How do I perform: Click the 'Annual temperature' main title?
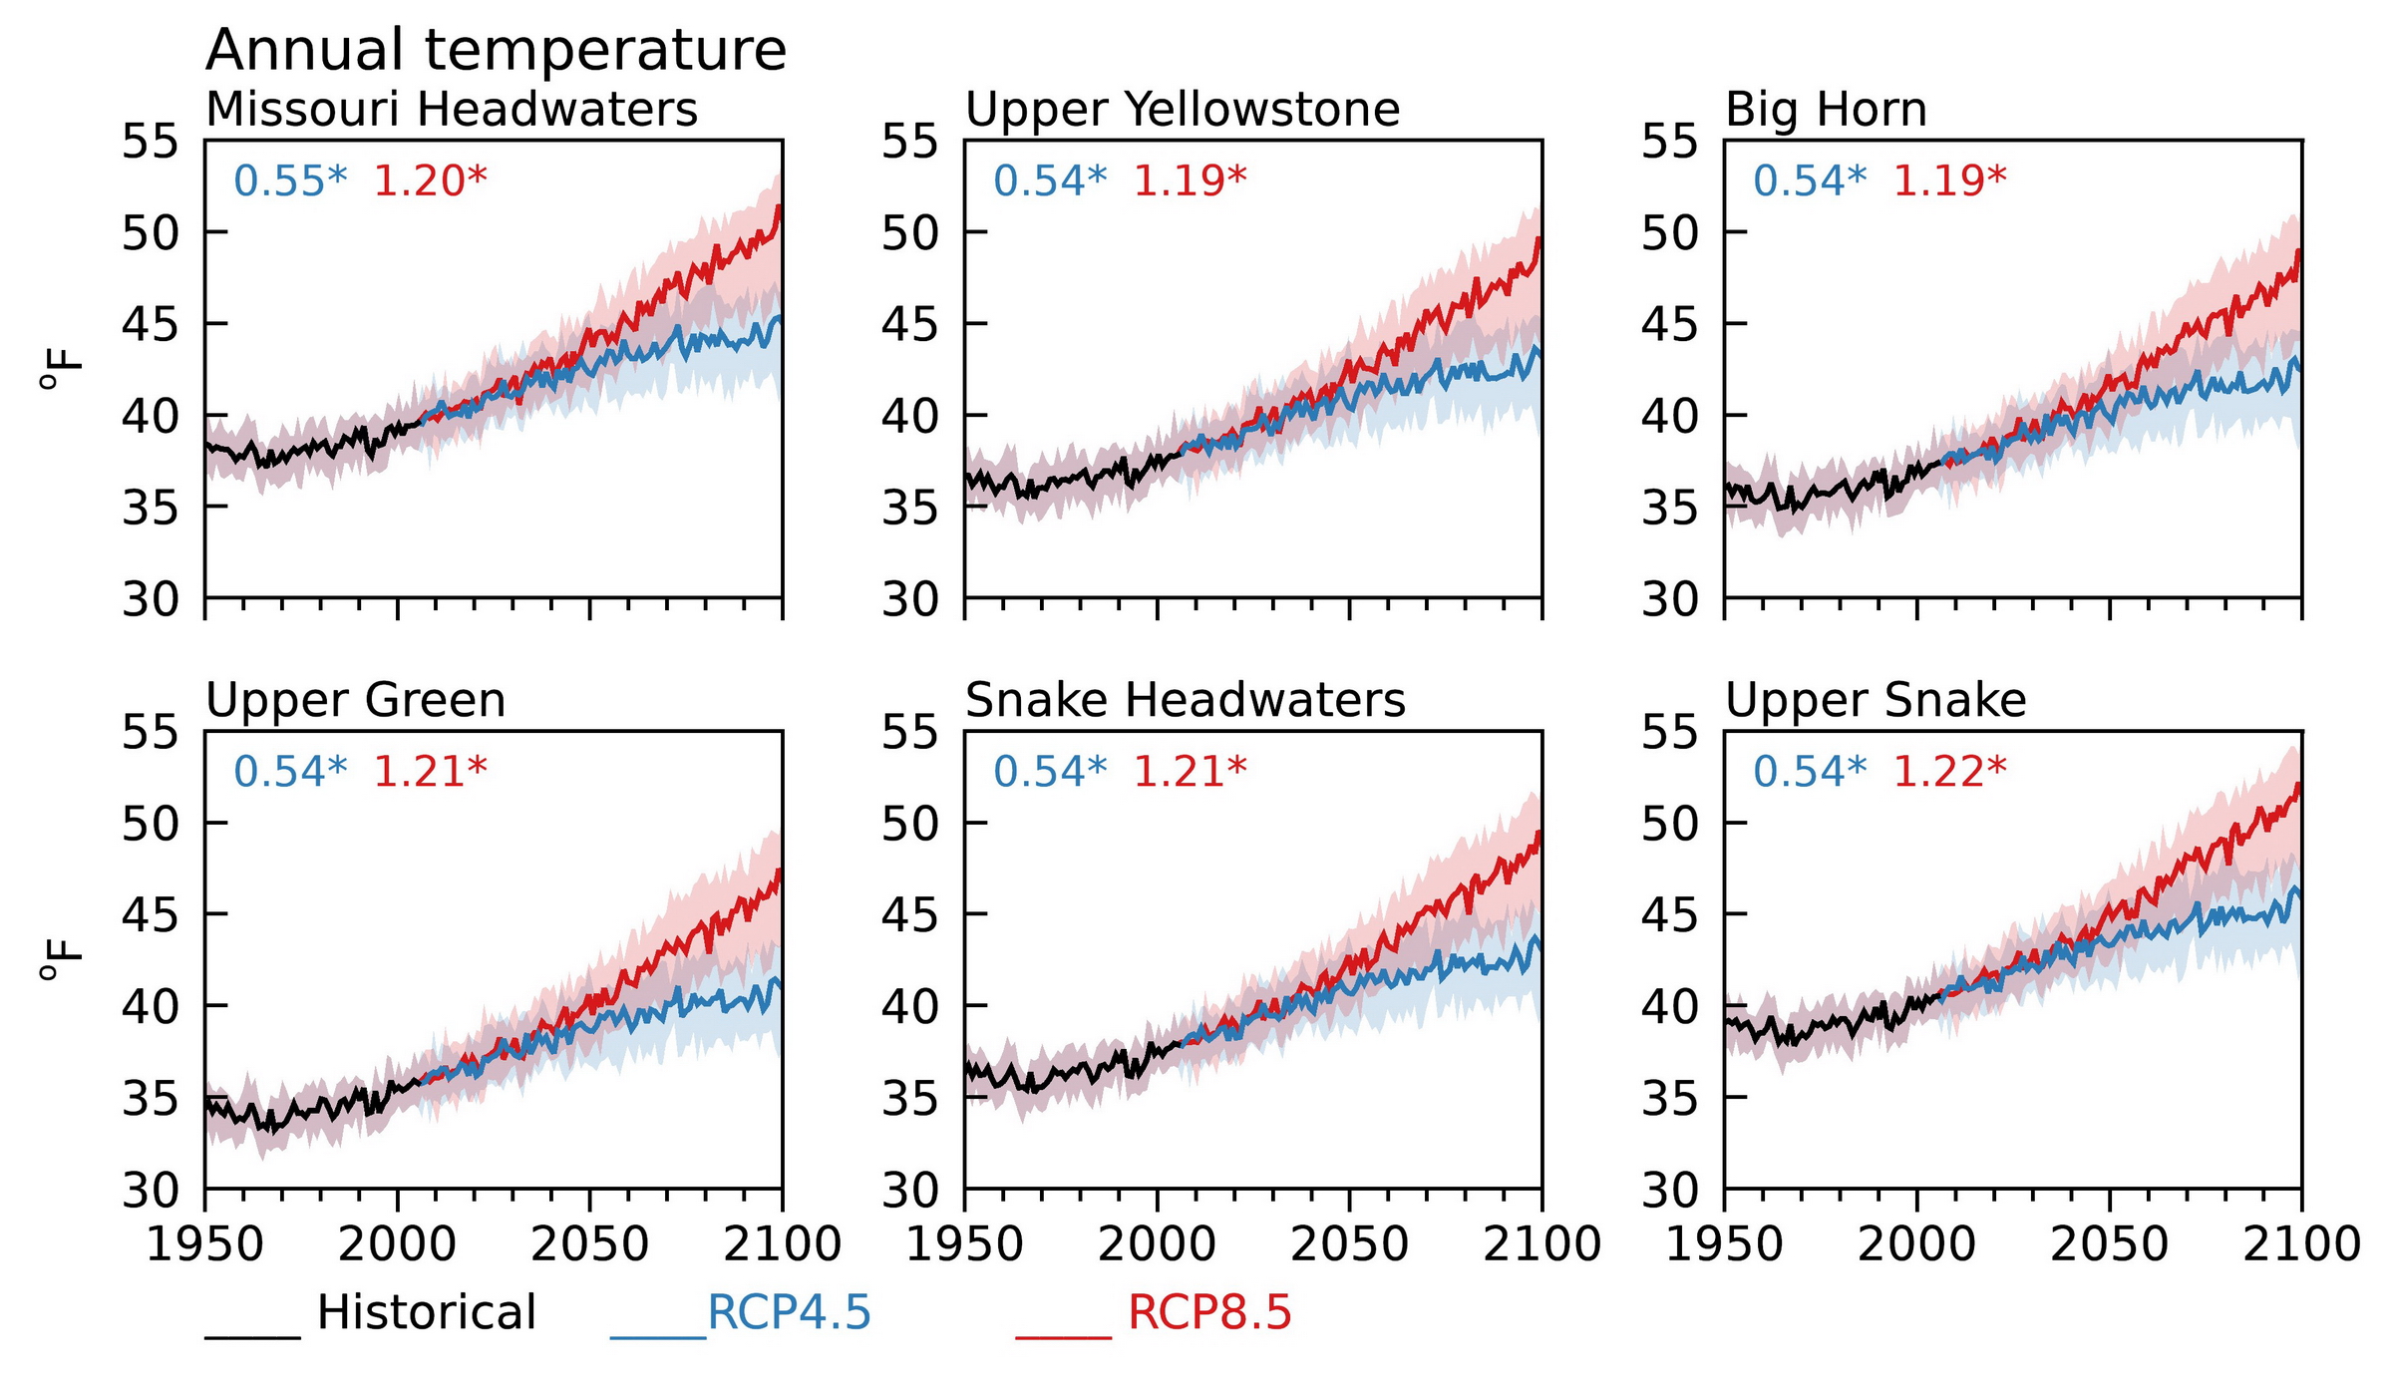pyautogui.click(x=496, y=50)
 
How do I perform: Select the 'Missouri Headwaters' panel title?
pyautogui.click(x=451, y=109)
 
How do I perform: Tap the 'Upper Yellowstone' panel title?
pyautogui.click(x=1183, y=109)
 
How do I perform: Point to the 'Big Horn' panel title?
pyautogui.click(x=1826, y=109)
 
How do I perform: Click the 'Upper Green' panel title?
pyautogui.click(x=355, y=700)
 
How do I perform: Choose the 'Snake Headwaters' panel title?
pyautogui.click(x=1185, y=700)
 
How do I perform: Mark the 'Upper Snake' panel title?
pyautogui.click(x=1876, y=700)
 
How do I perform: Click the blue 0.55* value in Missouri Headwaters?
pyautogui.click(x=290, y=181)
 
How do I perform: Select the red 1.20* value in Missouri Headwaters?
pyautogui.click(x=430, y=181)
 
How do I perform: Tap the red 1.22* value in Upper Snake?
pyautogui.click(x=1949, y=772)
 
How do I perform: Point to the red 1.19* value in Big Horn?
pyautogui.click(x=1949, y=181)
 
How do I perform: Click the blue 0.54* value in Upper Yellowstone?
pyautogui.click(x=1050, y=181)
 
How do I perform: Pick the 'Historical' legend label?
pyautogui.click(x=426, y=1312)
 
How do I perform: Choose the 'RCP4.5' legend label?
pyautogui.click(x=789, y=1312)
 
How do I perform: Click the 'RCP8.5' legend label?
pyautogui.click(x=1209, y=1312)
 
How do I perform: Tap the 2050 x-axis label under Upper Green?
pyautogui.click(x=589, y=1244)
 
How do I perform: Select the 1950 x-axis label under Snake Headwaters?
pyautogui.click(x=964, y=1244)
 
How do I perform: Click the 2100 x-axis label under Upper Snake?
pyautogui.click(x=2301, y=1244)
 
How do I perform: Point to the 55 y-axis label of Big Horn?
pyautogui.click(x=1668, y=142)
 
